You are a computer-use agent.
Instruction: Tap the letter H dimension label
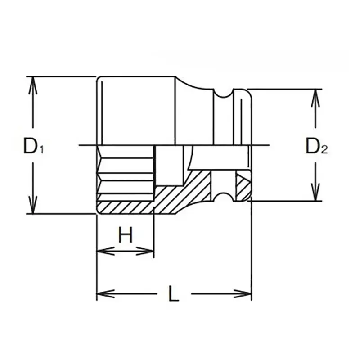coord(126,234)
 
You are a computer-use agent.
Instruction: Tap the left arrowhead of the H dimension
coord(103,251)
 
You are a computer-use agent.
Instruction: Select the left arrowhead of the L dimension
coord(103,294)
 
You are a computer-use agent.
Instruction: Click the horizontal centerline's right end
coord(268,145)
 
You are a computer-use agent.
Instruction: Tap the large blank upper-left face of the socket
coord(135,110)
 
